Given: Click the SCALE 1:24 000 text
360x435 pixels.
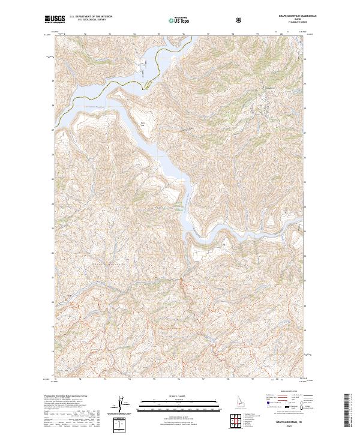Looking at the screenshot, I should pyautogui.click(x=165, y=395).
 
